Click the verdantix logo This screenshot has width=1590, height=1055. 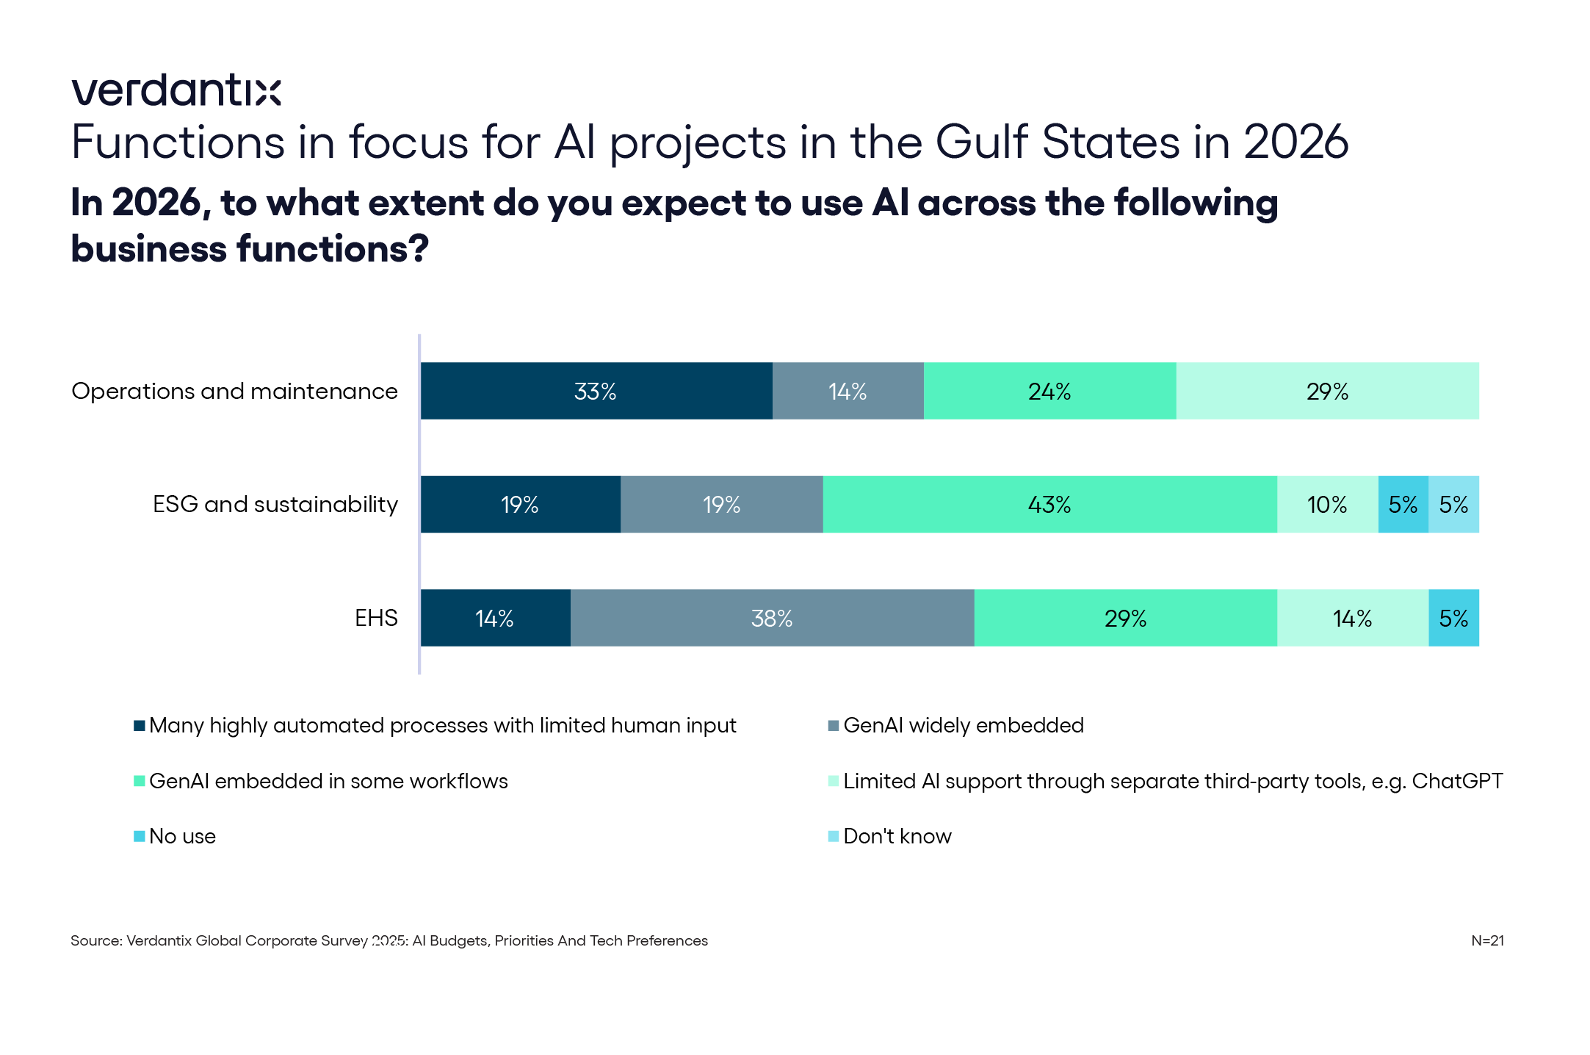pyautogui.click(x=176, y=90)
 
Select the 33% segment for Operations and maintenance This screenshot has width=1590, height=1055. pyautogui.click(x=596, y=391)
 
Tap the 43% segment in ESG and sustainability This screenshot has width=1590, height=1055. pyautogui.click(x=1049, y=505)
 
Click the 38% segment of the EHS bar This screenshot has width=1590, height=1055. pyautogui.click(x=772, y=618)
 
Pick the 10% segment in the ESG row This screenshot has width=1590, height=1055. pyautogui.click(x=1327, y=505)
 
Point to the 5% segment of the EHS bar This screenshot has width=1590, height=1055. pyautogui.click(x=1453, y=618)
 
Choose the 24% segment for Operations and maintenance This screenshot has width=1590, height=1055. pyautogui.click(x=1049, y=391)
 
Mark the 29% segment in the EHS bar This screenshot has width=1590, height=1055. pyautogui.click(x=1125, y=618)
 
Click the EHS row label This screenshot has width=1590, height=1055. pyautogui.click(x=376, y=618)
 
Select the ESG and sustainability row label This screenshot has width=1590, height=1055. pyautogui.click(x=275, y=505)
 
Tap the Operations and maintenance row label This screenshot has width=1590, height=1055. pyautogui.click(x=234, y=391)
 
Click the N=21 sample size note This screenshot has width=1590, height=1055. pyautogui.click(x=1487, y=940)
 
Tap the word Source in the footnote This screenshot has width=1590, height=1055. pyautogui.click(x=95, y=940)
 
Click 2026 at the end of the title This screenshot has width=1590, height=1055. pyautogui.click(x=1296, y=142)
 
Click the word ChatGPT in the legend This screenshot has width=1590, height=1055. pyautogui.click(x=1457, y=781)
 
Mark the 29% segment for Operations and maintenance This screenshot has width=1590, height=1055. pyautogui.click(x=1327, y=391)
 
